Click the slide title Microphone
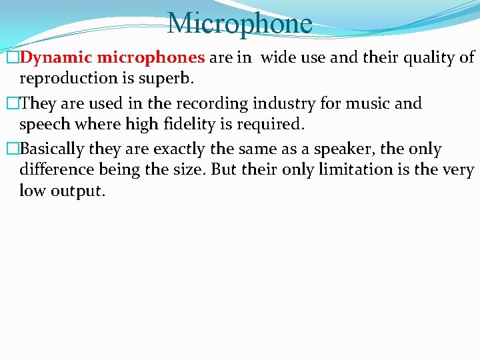(x=239, y=24)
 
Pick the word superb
(x=165, y=78)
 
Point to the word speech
(x=45, y=125)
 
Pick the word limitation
(x=361, y=169)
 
